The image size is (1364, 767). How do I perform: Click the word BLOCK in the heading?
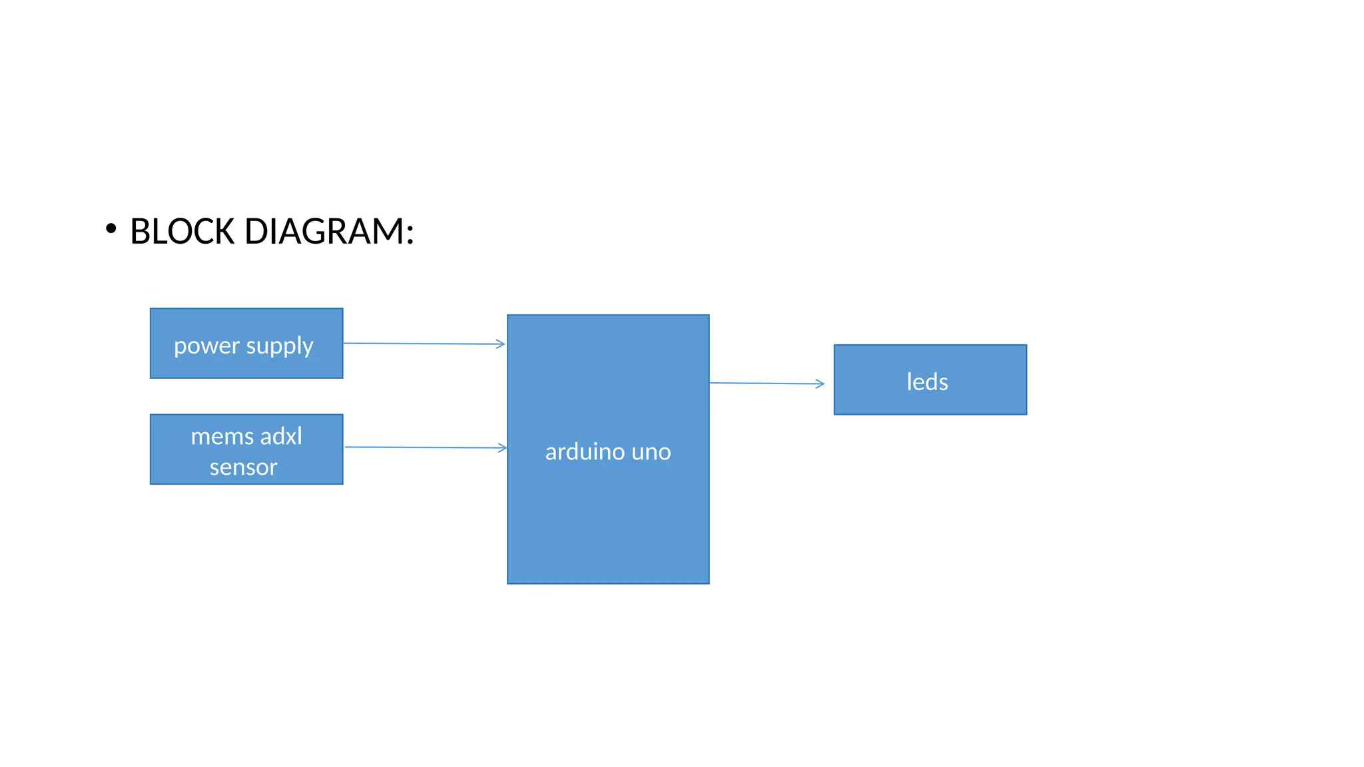(x=182, y=232)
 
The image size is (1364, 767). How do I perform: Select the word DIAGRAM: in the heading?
(x=329, y=232)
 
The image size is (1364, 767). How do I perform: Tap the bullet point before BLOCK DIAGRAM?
(x=111, y=229)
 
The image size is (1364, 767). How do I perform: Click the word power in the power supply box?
(x=206, y=346)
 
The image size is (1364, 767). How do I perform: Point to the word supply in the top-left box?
(x=280, y=346)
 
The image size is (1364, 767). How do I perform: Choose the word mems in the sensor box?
(x=222, y=437)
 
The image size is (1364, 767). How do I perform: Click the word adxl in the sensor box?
(x=281, y=437)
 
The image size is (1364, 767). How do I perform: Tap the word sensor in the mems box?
(x=244, y=467)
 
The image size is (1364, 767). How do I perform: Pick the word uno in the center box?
(x=651, y=452)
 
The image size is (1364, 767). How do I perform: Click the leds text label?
(x=927, y=382)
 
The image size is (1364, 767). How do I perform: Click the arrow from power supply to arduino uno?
(x=424, y=344)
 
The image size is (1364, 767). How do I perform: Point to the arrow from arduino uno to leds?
(x=766, y=383)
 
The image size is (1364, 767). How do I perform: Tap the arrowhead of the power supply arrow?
(x=501, y=344)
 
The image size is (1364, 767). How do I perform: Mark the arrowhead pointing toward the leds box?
(x=821, y=383)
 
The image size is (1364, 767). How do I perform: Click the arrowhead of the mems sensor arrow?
(x=503, y=448)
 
